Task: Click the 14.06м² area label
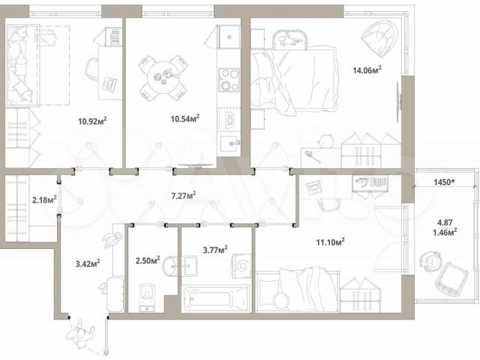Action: pyautogui.click(x=367, y=70)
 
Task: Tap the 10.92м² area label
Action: pyautogui.click(x=92, y=121)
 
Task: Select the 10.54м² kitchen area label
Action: pyautogui.click(x=185, y=118)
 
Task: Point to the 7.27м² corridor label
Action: pyautogui.click(x=183, y=195)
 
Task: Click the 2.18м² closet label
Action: pyautogui.click(x=44, y=200)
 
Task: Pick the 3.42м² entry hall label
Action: pyautogui.click(x=88, y=263)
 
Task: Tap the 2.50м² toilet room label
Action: pyautogui.click(x=148, y=260)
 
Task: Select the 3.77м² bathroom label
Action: pyautogui.click(x=215, y=250)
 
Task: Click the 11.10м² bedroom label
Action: pyautogui.click(x=330, y=242)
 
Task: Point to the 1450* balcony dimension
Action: pyautogui.click(x=444, y=182)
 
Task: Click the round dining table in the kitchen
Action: pyautogui.click(x=163, y=77)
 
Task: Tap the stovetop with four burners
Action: pyautogui.click(x=229, y=79)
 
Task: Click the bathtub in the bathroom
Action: pyautogui.click(x=216, y=299)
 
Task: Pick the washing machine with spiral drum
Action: pyautogui.click(x=242, y=265)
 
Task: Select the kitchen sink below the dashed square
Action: pyautogui.click(x=230, y=143)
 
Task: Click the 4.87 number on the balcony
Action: pyautogui.click(x=445, y=223)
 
